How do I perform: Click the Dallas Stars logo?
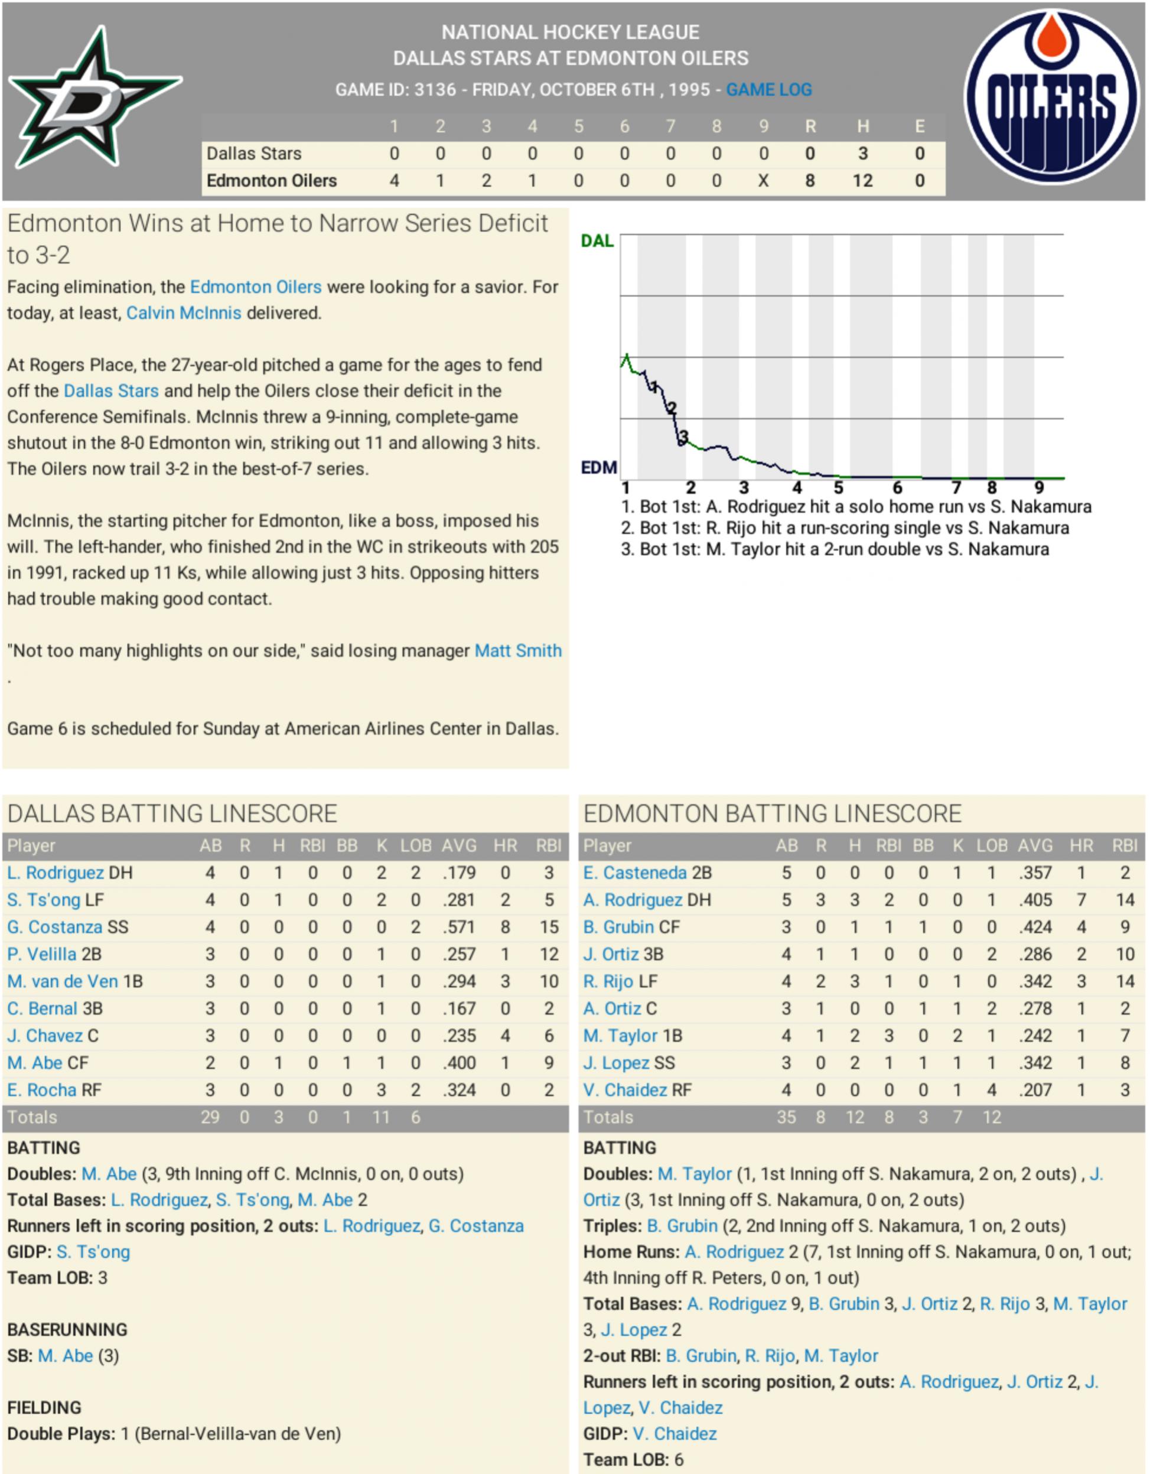tap(95, 98)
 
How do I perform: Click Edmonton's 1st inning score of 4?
tap(394, 181)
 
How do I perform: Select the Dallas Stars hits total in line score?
tap(862, 154)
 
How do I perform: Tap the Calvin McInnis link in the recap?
tap(184, 313)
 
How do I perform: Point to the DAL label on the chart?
tap(597, 241)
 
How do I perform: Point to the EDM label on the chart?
tap(598, 467)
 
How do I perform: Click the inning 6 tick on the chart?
tap(897, 487)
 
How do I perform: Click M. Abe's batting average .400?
tap(459, 1063)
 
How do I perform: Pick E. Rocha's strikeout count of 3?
tap(382, 1090)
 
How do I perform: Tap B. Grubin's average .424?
tap(1035, 928)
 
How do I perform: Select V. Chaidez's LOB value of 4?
tap(991, 1090)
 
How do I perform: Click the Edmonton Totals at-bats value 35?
tap(786, 1117)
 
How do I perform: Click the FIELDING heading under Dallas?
tap(44, 1407)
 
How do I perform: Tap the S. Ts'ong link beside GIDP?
tap(93, 1252)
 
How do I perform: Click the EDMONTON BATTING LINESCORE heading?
tap(772, 814)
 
